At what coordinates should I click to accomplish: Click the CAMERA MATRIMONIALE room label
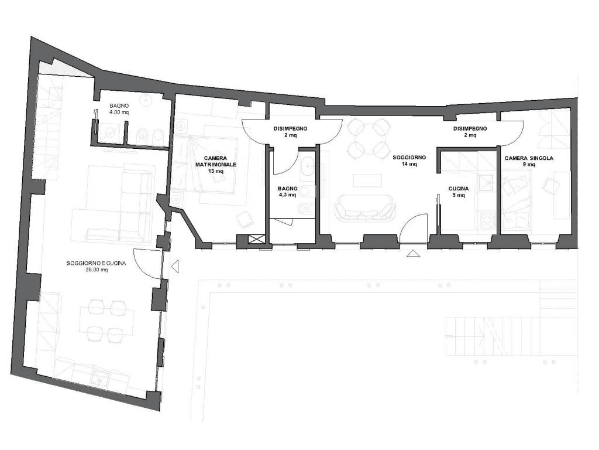216,165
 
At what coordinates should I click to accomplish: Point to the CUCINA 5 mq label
459,192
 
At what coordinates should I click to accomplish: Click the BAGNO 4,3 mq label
288,192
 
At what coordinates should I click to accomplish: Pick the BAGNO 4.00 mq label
119,108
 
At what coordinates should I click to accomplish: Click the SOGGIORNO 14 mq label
409,161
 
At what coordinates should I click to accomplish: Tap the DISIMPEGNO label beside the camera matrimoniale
290,128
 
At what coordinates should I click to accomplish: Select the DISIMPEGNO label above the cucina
470,128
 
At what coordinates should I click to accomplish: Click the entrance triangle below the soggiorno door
412,253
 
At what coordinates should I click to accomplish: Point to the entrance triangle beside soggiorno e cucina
175,266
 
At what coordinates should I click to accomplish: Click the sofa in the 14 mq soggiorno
365,209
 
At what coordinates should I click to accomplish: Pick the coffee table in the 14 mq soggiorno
367,180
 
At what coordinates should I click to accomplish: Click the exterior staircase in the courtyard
511,336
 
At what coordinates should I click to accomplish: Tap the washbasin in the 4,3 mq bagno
308,168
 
